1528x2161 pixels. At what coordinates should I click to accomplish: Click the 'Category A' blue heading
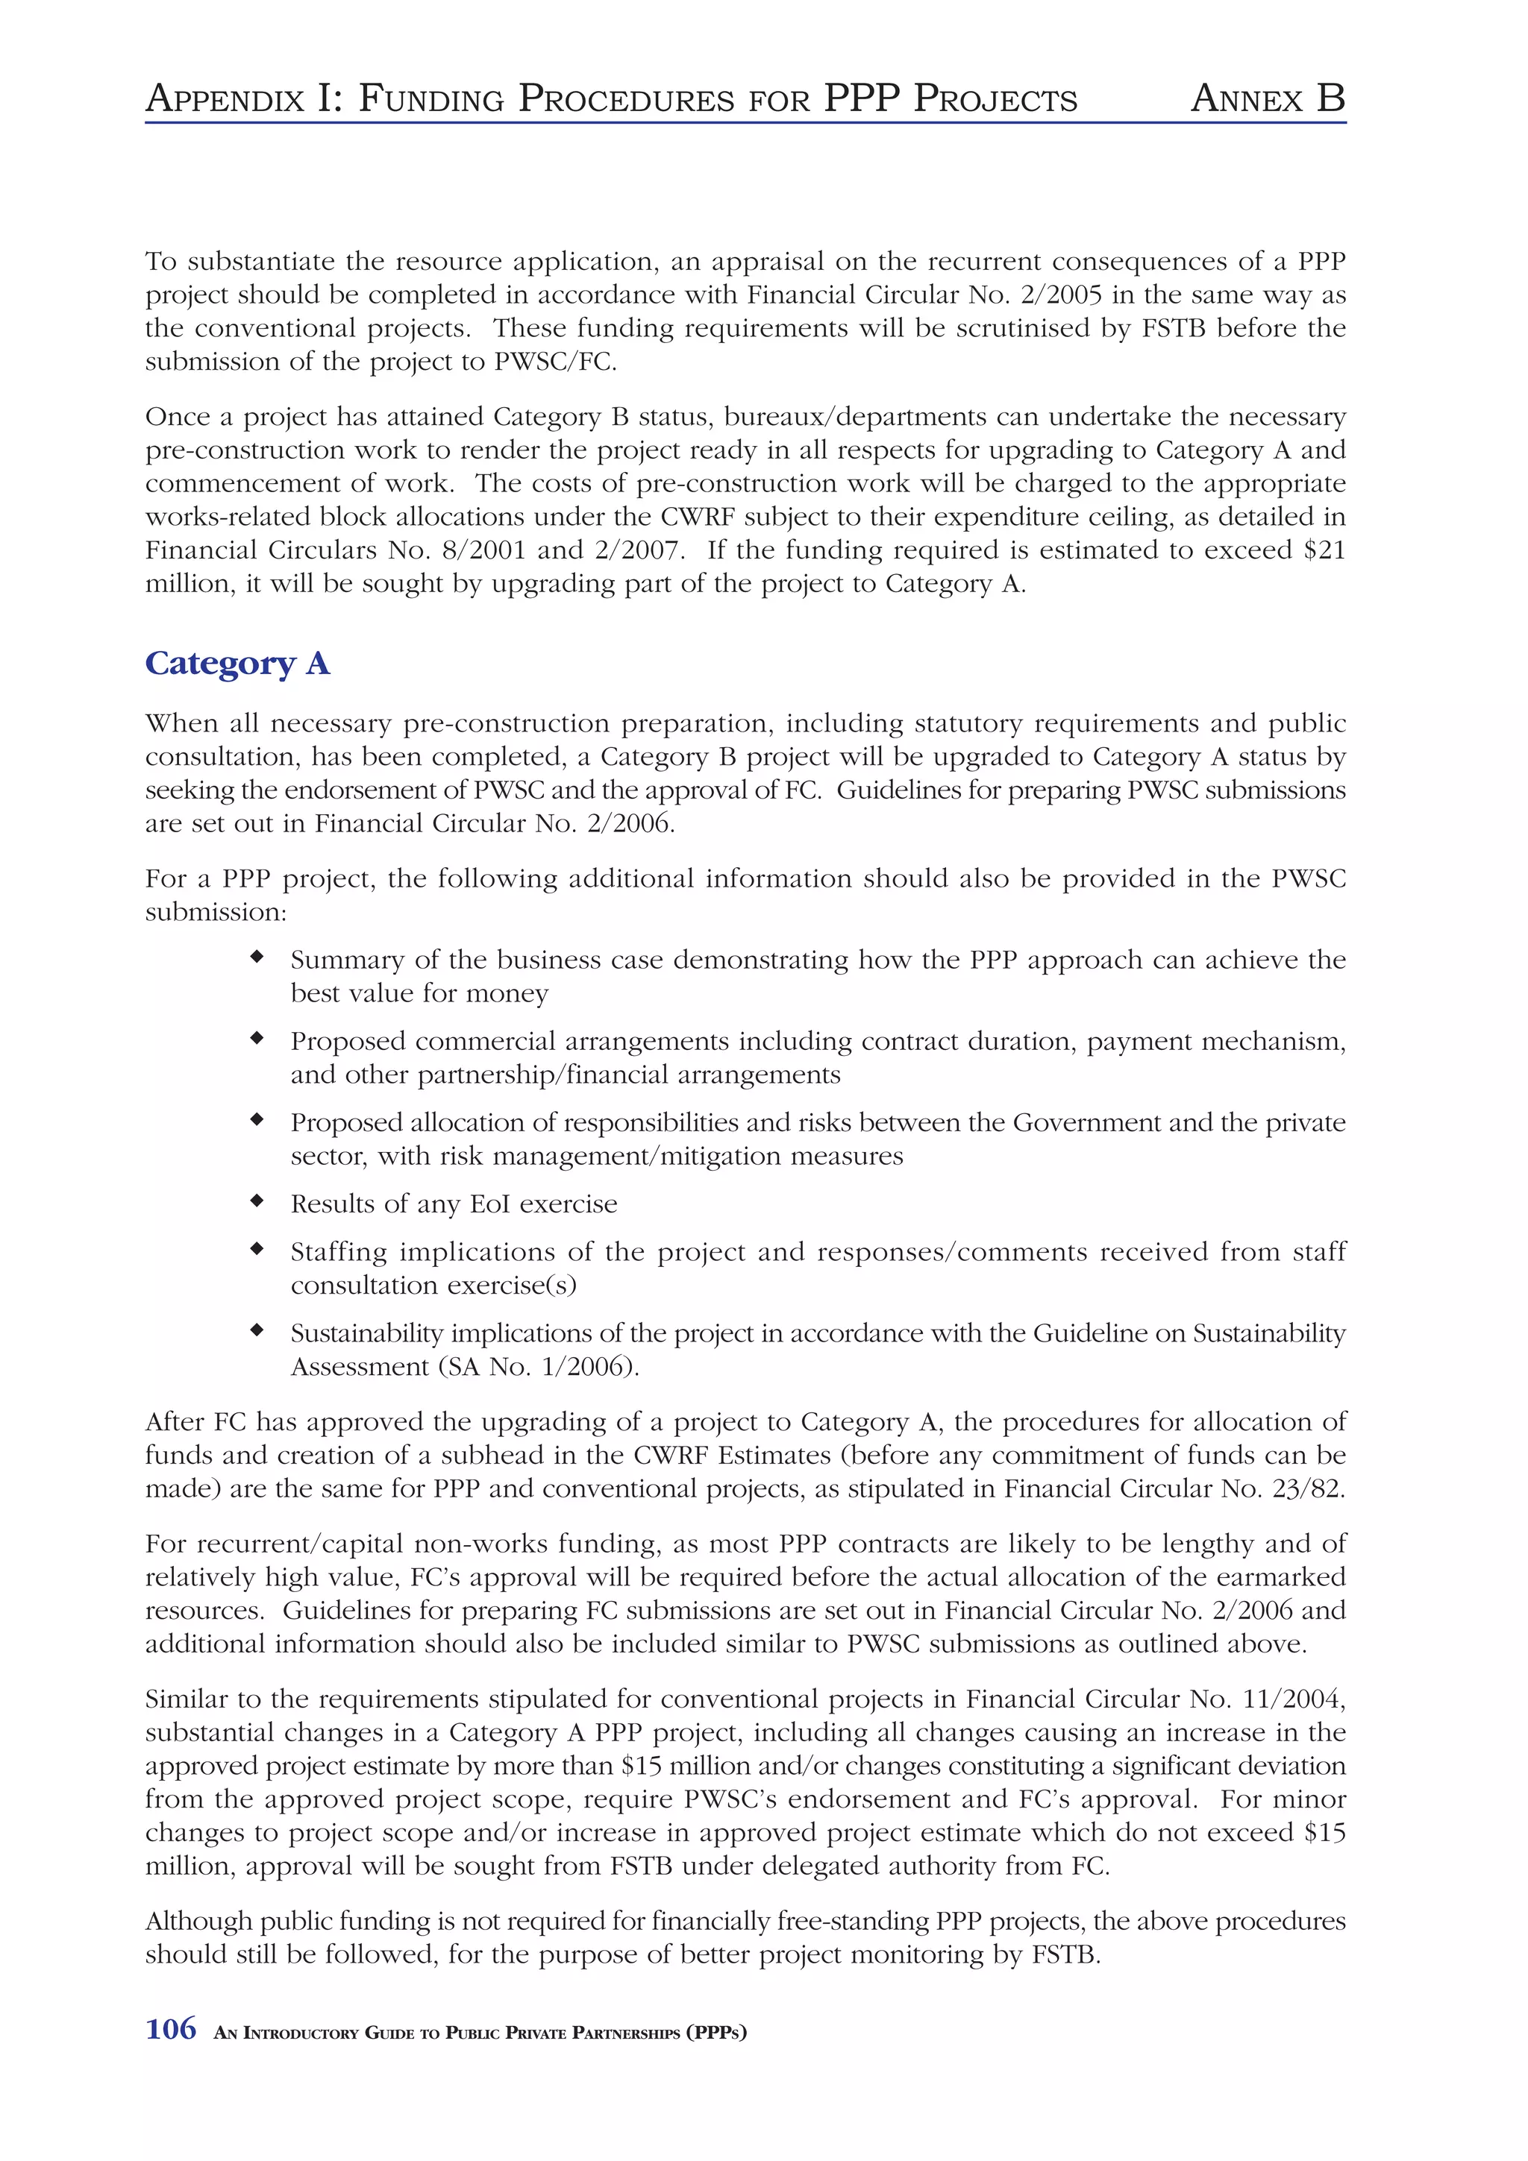tap(237, 664)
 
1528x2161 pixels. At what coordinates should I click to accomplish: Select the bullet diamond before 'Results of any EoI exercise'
tap(256, 1200)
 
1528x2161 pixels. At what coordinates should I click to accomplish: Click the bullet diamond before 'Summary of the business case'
tap(256, 956)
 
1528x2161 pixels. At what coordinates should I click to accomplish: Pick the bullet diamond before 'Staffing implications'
tap(256, 1248)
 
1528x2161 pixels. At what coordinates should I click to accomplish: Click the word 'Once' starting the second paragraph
tap(176, 416)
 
